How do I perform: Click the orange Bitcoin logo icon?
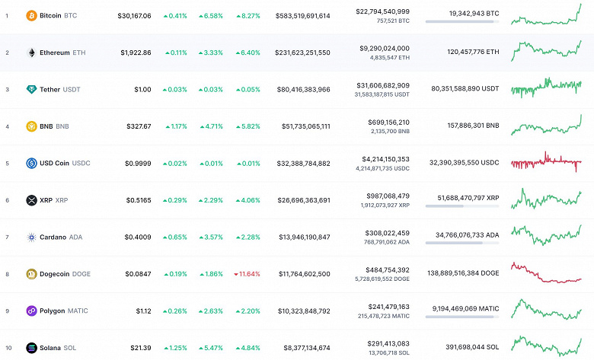(x=31, y=15)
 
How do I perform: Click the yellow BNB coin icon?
(x=31, y=126)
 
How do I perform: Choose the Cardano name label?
(x=53, y=237)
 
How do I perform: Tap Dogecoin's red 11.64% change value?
(x=249, y=274)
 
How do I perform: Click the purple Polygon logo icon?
(x=31, y=311)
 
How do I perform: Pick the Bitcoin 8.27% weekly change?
(x=249, y=15)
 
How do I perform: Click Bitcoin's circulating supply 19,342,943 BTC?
(x=463, y=14)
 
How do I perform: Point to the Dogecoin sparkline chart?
(x=546, y=274)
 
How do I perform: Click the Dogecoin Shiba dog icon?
(x=31, y=274)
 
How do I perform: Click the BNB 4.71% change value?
(x=212, y=126)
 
